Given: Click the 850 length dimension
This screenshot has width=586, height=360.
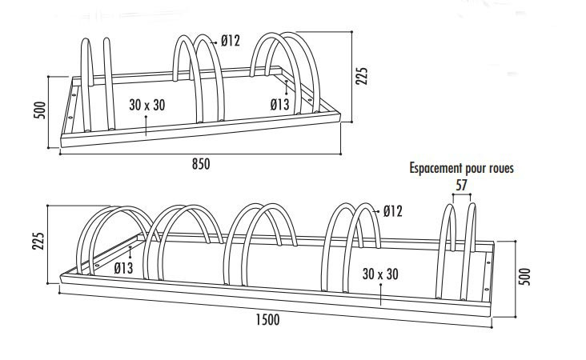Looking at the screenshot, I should [x=200, y=164].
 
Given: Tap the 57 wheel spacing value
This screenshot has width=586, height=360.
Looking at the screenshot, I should [x=460, y=185].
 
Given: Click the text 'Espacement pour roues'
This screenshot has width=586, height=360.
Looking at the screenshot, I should [x=461, y=169].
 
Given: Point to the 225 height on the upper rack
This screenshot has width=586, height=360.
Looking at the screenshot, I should [x=362, y=76].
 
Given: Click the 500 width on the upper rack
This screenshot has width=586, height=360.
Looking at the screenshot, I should [x=38, y=110].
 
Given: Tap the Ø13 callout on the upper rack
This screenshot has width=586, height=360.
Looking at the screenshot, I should [x=279, y=104].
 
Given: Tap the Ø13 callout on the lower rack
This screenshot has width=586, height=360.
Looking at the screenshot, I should [x=122, y=268].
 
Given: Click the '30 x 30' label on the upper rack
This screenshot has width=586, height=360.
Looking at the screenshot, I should [x=146, y=105].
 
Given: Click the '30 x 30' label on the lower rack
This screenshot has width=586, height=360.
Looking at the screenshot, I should [x=379, y=274].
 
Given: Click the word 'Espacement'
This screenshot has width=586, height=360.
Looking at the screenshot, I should [x=435, y=169].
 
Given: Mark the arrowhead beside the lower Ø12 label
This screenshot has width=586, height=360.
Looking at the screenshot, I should [x=376, y=211].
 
